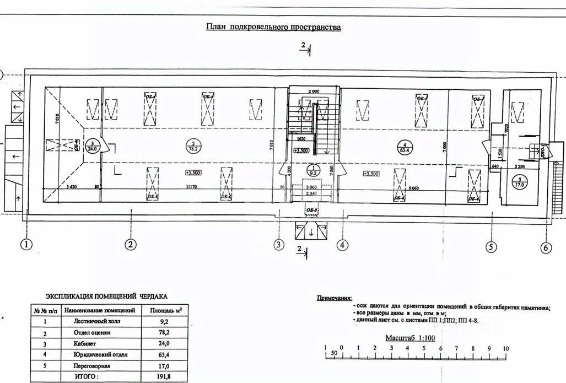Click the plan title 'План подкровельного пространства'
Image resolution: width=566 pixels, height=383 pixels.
(x=273, y=26)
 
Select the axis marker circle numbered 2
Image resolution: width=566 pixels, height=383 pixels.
(x=131, y=244)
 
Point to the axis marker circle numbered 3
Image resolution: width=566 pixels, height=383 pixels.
(x=279, y=244)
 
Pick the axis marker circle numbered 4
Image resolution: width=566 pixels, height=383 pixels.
(x=342, y=244)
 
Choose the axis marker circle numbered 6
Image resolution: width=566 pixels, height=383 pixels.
(x=545, y=247)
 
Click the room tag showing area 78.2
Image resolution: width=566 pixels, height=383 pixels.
(x=193, y=146)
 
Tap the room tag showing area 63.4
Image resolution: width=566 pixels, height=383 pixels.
(x=405, y=146)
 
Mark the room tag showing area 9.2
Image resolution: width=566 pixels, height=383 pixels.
(x=313, y=170)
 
